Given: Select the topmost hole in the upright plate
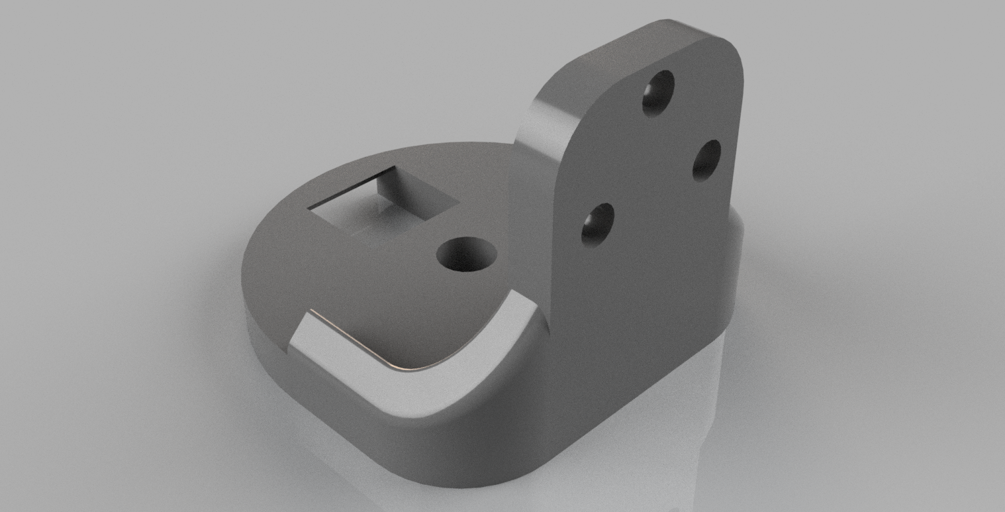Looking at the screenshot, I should tap(658, 92).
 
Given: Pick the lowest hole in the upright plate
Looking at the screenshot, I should tap(597, 225).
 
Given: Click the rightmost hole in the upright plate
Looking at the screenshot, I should tap(706, 160).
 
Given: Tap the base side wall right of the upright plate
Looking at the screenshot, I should tap(735, 265).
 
